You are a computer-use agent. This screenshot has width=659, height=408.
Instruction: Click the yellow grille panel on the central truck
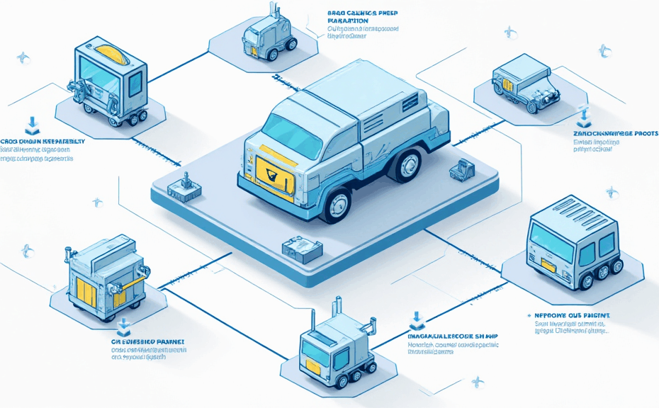click(270, 171)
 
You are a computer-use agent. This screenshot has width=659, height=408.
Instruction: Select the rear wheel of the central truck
click(407, 164)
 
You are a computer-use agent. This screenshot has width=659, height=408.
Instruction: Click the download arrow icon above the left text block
click(31, 126)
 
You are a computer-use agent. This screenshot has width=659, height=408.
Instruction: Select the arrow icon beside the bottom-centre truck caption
click(413, 320)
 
